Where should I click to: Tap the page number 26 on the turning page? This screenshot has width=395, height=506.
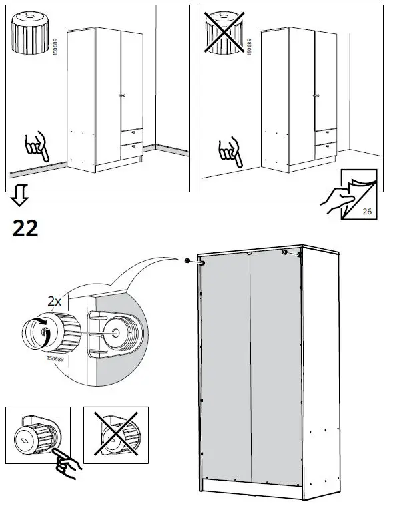(366, 212)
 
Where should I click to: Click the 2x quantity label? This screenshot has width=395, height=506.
(56, 302)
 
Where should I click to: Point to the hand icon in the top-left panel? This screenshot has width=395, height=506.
(37, 148)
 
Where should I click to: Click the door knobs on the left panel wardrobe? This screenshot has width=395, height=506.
(121, 97)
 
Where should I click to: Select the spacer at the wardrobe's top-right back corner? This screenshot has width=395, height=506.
(291, 254)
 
